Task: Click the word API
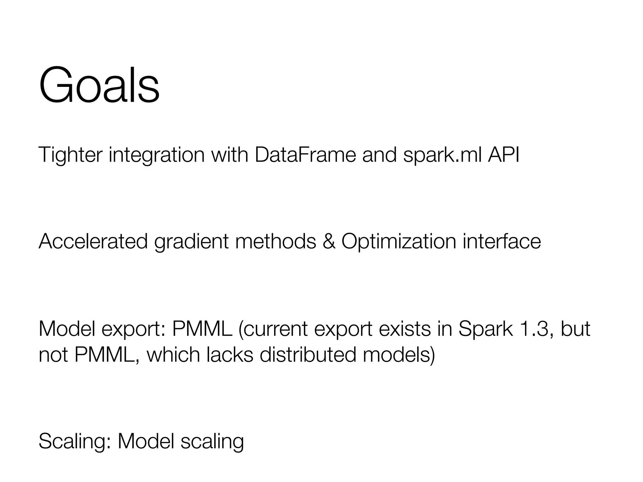point(504,155)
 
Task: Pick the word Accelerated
point(93,241)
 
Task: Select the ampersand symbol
point(329,241)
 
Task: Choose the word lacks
point(230,355)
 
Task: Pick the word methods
point(275,241)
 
